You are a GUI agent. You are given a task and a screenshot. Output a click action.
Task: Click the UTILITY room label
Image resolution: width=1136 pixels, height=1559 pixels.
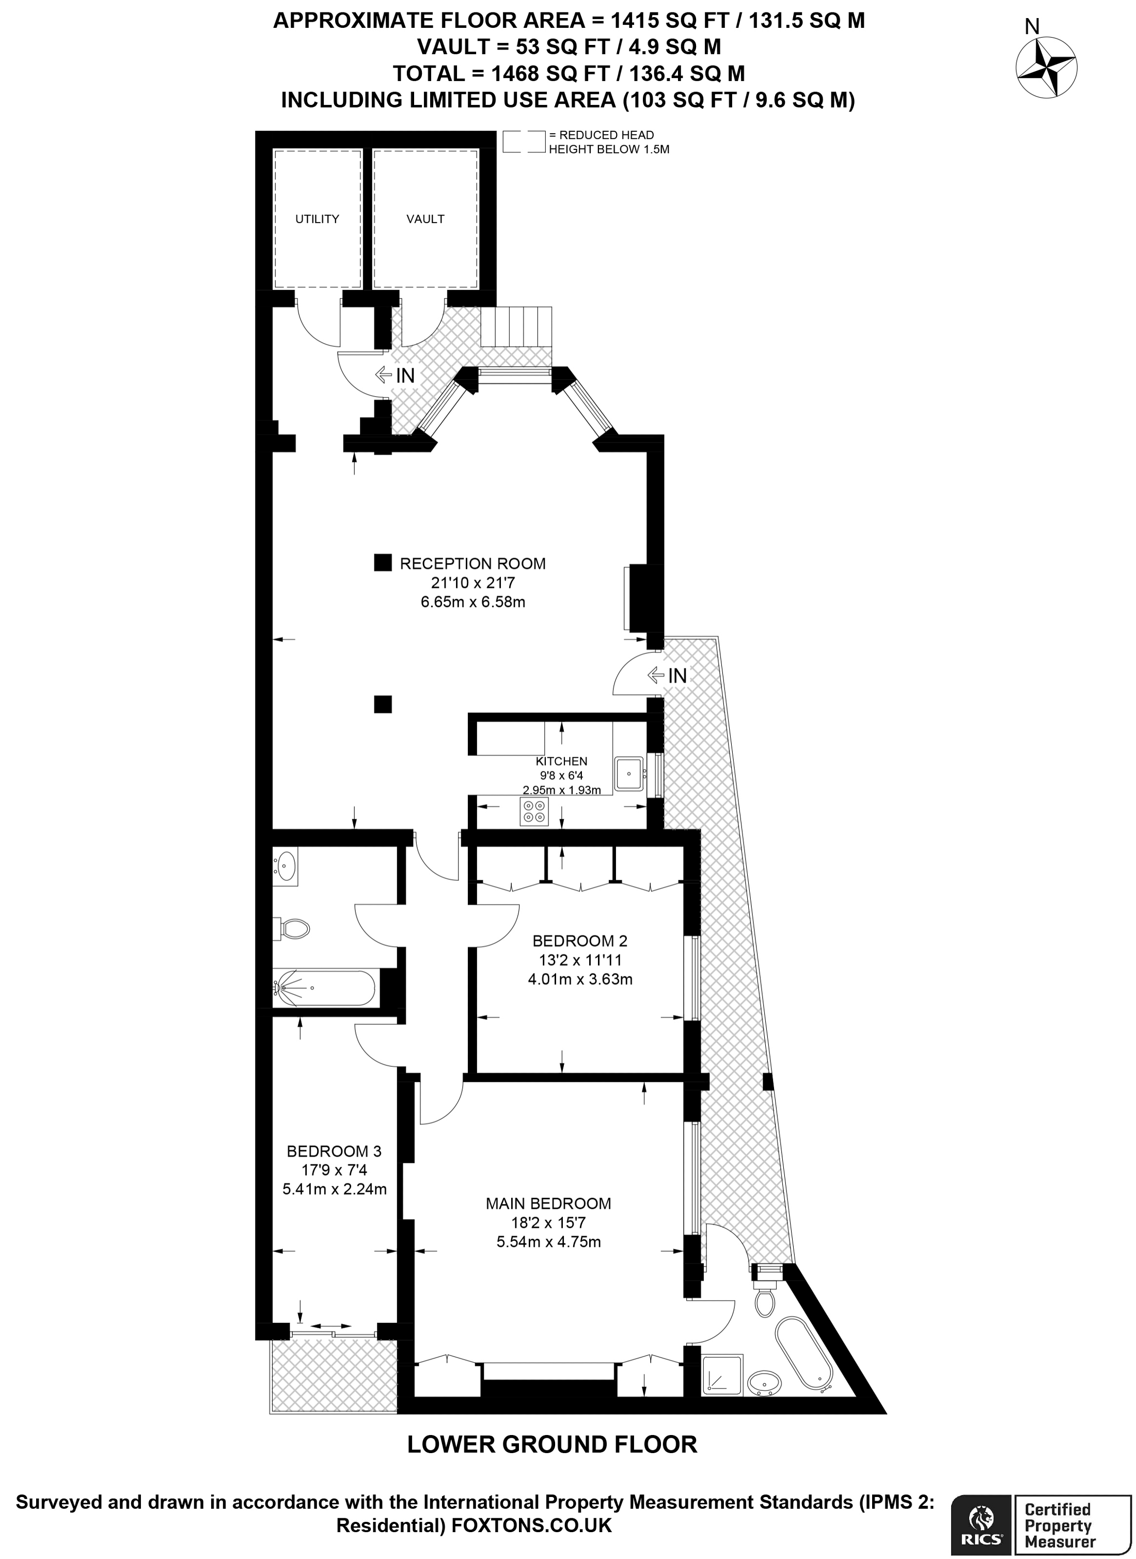pyautogui.click(x=317, y=219)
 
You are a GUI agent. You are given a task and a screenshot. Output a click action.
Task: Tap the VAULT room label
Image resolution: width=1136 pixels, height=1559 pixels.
pyautogui.click(x=425, y=219)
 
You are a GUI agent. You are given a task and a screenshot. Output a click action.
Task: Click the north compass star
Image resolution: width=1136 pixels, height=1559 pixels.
pyautogui.click(x=1047, y=68)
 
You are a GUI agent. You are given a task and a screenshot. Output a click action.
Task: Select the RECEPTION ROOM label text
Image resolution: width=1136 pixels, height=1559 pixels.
pyautogui.click(x=472, y=564)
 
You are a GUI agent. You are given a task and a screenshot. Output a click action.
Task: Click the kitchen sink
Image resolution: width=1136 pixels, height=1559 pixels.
pyautogui.click(x=628, y=774)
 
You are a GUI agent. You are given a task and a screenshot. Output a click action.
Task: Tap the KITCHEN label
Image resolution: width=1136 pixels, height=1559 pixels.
pyautogui.click(x=561, y=761)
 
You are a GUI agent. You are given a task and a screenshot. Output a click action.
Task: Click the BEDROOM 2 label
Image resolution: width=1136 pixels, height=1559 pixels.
pyautogui.click(x=580, y=941)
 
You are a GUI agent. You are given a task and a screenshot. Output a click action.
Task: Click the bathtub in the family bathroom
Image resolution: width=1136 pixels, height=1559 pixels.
pyautogui.click(x=325, y=988)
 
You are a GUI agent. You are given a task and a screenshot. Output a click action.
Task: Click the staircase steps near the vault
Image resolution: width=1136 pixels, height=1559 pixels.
pyautogui.click(x=516, y=327)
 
